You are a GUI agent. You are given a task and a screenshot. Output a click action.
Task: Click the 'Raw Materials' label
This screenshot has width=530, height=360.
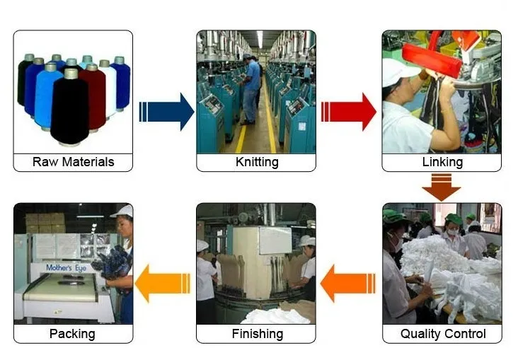[73, 162]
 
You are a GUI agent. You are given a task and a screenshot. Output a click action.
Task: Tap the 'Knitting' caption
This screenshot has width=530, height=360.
[256, 162]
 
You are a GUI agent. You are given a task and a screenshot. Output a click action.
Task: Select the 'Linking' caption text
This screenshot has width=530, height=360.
[442, 162]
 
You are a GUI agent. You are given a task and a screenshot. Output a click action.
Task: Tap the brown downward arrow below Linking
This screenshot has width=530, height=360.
[442, 187]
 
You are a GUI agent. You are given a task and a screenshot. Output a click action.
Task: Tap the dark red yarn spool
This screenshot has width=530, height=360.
[93, 95]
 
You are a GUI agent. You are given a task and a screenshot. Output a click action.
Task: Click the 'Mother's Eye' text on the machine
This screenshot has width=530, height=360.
[67, 268]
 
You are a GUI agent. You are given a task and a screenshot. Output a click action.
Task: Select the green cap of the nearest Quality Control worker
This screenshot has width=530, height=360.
[394, 216]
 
